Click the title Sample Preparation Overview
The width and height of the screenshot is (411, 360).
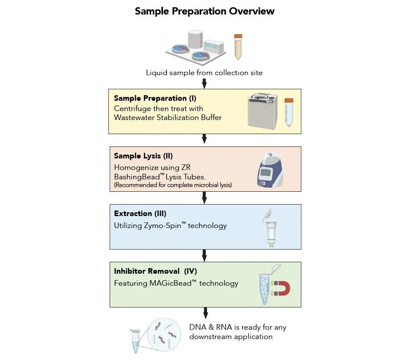[204, 11]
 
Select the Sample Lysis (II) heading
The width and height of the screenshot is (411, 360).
[143, 156]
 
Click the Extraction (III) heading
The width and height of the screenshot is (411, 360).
[140, 214]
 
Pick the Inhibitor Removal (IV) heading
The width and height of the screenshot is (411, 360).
[155, 271]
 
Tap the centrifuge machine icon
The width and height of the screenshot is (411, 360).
[262, 111]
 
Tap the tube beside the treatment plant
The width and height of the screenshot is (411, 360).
[238, 47]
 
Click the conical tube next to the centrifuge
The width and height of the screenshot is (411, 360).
[289, 112]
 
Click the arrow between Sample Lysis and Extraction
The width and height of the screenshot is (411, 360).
[204, 197]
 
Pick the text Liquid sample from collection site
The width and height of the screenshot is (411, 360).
[204, 73]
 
